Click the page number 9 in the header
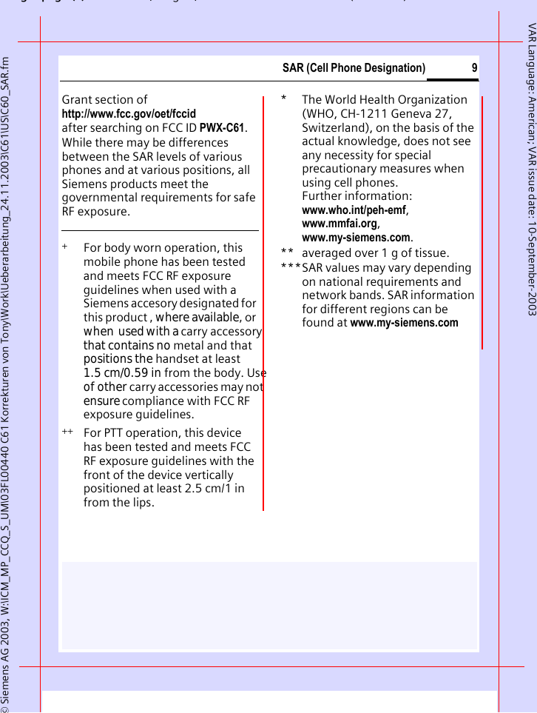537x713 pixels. pyautogui.click(x=474, y=68)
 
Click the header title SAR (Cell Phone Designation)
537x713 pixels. pyautogui.click(x=354, y=68)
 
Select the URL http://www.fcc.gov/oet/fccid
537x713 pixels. pyautogui.click(x=129, y=113)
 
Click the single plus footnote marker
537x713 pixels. pyautogui.click(x=65, y=247)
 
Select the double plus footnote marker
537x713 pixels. pyautogui.click(x=67, y=432)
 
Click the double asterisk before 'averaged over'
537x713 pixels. pyautogui.click(x=287, y=253)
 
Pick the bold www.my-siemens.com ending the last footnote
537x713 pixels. pyautogui.click(x=404, y=323)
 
